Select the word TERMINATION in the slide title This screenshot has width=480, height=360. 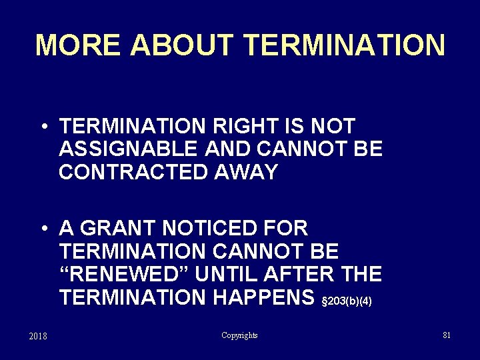345,45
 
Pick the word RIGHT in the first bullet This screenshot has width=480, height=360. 256,126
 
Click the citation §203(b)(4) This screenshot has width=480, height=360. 346,301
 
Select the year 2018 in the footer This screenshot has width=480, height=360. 38,336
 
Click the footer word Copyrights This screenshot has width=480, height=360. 239,335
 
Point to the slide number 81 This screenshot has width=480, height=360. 447,335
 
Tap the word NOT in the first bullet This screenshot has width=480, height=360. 332,126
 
